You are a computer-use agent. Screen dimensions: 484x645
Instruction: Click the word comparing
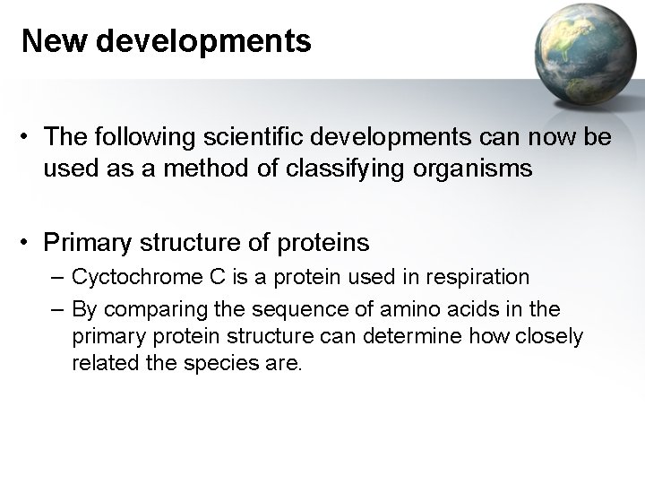pos(146,310)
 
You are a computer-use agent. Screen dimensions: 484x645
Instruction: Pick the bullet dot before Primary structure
pos(29,242)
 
